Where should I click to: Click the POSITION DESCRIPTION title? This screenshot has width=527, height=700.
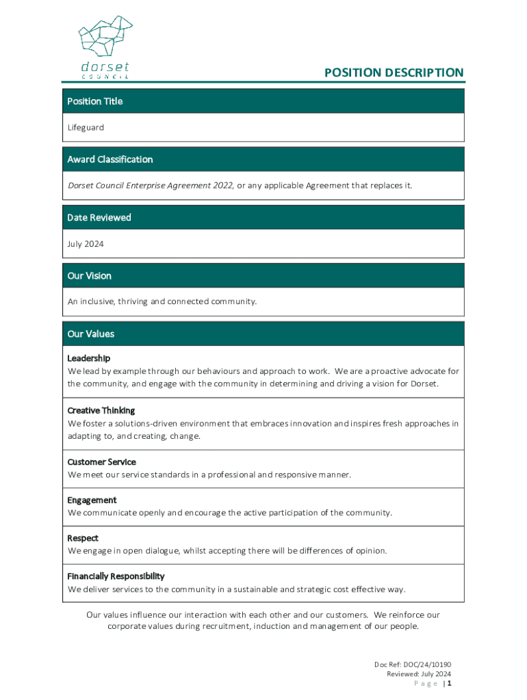point(394,72)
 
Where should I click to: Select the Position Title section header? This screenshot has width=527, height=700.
point(95,101)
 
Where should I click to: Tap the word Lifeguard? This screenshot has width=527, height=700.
point(86,127)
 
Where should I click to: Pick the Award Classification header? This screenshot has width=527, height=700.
point(110,159)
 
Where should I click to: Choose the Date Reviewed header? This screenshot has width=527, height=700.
point(99,217)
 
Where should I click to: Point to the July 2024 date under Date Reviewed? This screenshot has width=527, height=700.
point(86,243)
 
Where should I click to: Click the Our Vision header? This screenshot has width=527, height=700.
point(90,275)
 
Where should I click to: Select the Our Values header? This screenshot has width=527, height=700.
point(91,334)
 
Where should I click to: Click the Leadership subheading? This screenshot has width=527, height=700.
point(89,358)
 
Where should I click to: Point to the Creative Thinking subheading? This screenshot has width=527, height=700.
point(101,410)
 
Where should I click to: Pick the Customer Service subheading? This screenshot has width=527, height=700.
point(102,462)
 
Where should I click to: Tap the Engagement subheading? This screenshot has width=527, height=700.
point(92,500)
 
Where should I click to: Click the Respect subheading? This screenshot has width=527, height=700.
point(83,538)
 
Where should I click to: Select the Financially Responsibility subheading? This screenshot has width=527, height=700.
point(116,576)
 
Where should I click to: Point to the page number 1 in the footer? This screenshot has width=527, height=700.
point(450,683)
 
